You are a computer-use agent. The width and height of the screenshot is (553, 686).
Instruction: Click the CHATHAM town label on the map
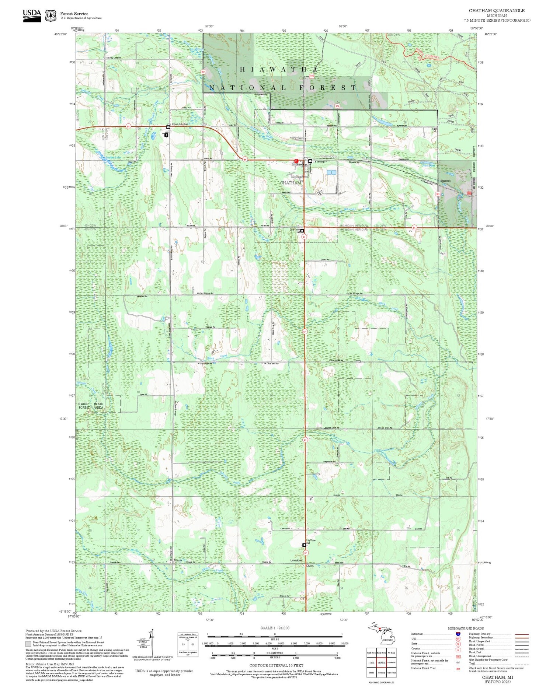[x=291, y=183]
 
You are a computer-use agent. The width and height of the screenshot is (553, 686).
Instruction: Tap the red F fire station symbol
[x=296, y=161]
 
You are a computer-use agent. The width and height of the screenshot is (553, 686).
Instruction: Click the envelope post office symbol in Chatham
[x=310, y=161]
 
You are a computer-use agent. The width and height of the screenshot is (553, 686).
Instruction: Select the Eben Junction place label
[x=180, y=124]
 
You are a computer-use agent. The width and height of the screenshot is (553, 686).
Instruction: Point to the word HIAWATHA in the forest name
[x=279, y=69]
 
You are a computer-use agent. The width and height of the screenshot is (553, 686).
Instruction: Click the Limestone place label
[x=296, y=560]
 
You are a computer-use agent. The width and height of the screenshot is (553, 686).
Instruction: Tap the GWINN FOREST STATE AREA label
[x=91, y=406]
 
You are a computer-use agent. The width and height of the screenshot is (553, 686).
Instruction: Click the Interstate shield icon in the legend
[x=458, y=634]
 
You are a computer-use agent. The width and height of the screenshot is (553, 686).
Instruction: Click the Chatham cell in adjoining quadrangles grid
[x=382, y=662]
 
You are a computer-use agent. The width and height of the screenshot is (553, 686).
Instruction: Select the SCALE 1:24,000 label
[x=275, y=628]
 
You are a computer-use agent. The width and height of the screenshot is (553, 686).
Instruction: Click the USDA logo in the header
[x=32, y=15]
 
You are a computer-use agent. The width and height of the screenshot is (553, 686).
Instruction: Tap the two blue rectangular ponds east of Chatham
[x=331, y=172]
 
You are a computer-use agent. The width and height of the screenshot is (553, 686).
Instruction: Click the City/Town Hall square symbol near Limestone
[x=304, y=545]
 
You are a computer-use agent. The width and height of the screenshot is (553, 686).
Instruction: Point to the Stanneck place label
[x=445, y=181]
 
